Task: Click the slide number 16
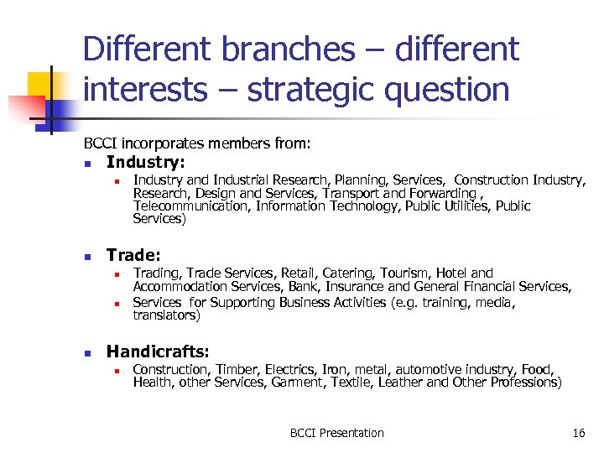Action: (578, 433)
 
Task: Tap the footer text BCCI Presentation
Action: (336, 433)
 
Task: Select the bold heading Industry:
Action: (146, 162)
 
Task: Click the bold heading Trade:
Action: (133, 255)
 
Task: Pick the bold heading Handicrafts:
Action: (158, 351)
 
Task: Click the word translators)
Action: (166, 316)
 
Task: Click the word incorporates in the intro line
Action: (153, 144)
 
